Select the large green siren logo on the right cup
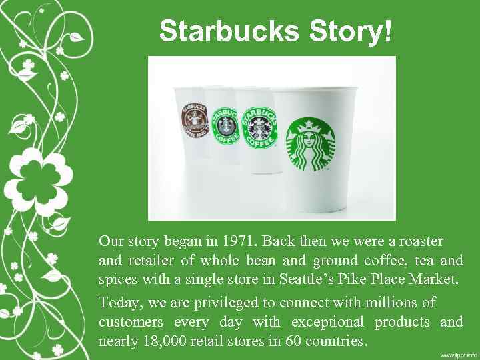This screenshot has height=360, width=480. pos(311,145)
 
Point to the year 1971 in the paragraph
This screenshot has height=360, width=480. pos(238,240)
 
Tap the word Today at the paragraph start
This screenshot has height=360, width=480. pos(119,303)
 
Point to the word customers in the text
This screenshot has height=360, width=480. pos(131,322)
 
